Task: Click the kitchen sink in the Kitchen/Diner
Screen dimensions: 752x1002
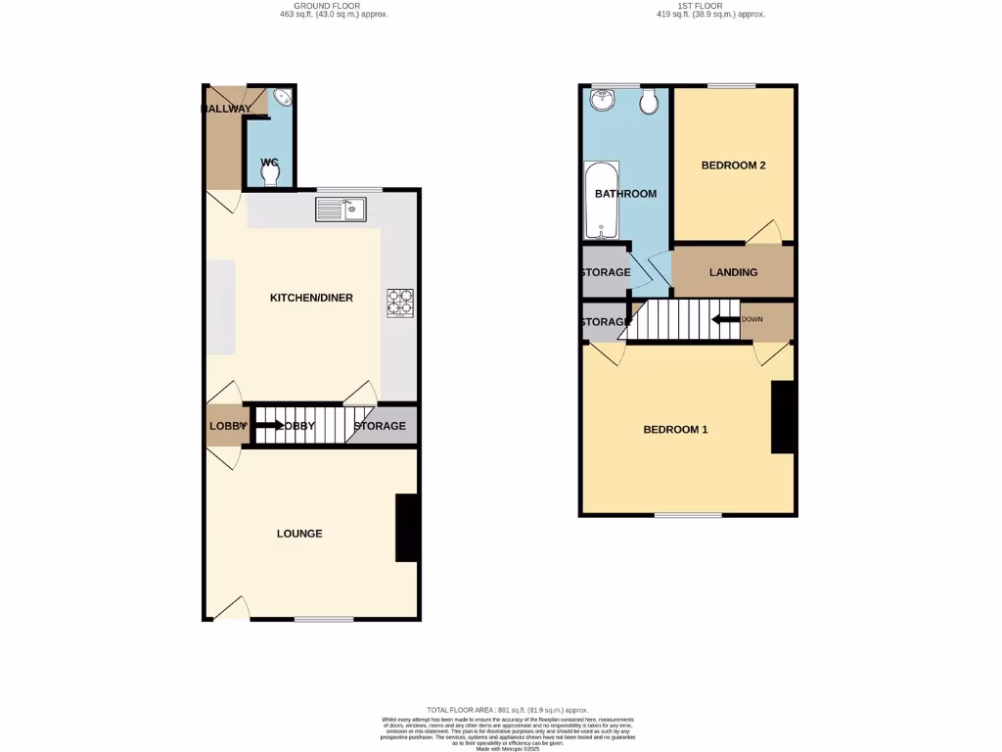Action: [341, 209]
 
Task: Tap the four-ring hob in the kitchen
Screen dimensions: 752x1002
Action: [400, 303]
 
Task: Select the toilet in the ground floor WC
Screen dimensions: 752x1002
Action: [270, 173]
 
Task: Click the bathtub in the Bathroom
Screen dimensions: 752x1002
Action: [598, 201]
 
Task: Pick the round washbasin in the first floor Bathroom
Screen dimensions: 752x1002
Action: [600, 100]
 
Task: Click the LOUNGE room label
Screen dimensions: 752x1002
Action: [299, 534]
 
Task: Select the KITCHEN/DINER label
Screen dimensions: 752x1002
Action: [311, 298]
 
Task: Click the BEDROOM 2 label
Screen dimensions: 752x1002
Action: [733, 165]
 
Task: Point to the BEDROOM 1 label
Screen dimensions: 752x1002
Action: [675, 430]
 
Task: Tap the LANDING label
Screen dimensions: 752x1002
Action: [733, 272]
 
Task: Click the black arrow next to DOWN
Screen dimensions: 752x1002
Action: [724, 319]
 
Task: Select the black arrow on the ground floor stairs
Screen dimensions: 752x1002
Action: [268, 425]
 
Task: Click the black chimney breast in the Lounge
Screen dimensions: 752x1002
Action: [406, 528]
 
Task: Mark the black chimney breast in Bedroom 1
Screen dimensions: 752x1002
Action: [783, 417]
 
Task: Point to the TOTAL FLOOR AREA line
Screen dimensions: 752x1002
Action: [507, 710]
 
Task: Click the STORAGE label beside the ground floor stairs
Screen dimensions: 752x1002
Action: [380, 426]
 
